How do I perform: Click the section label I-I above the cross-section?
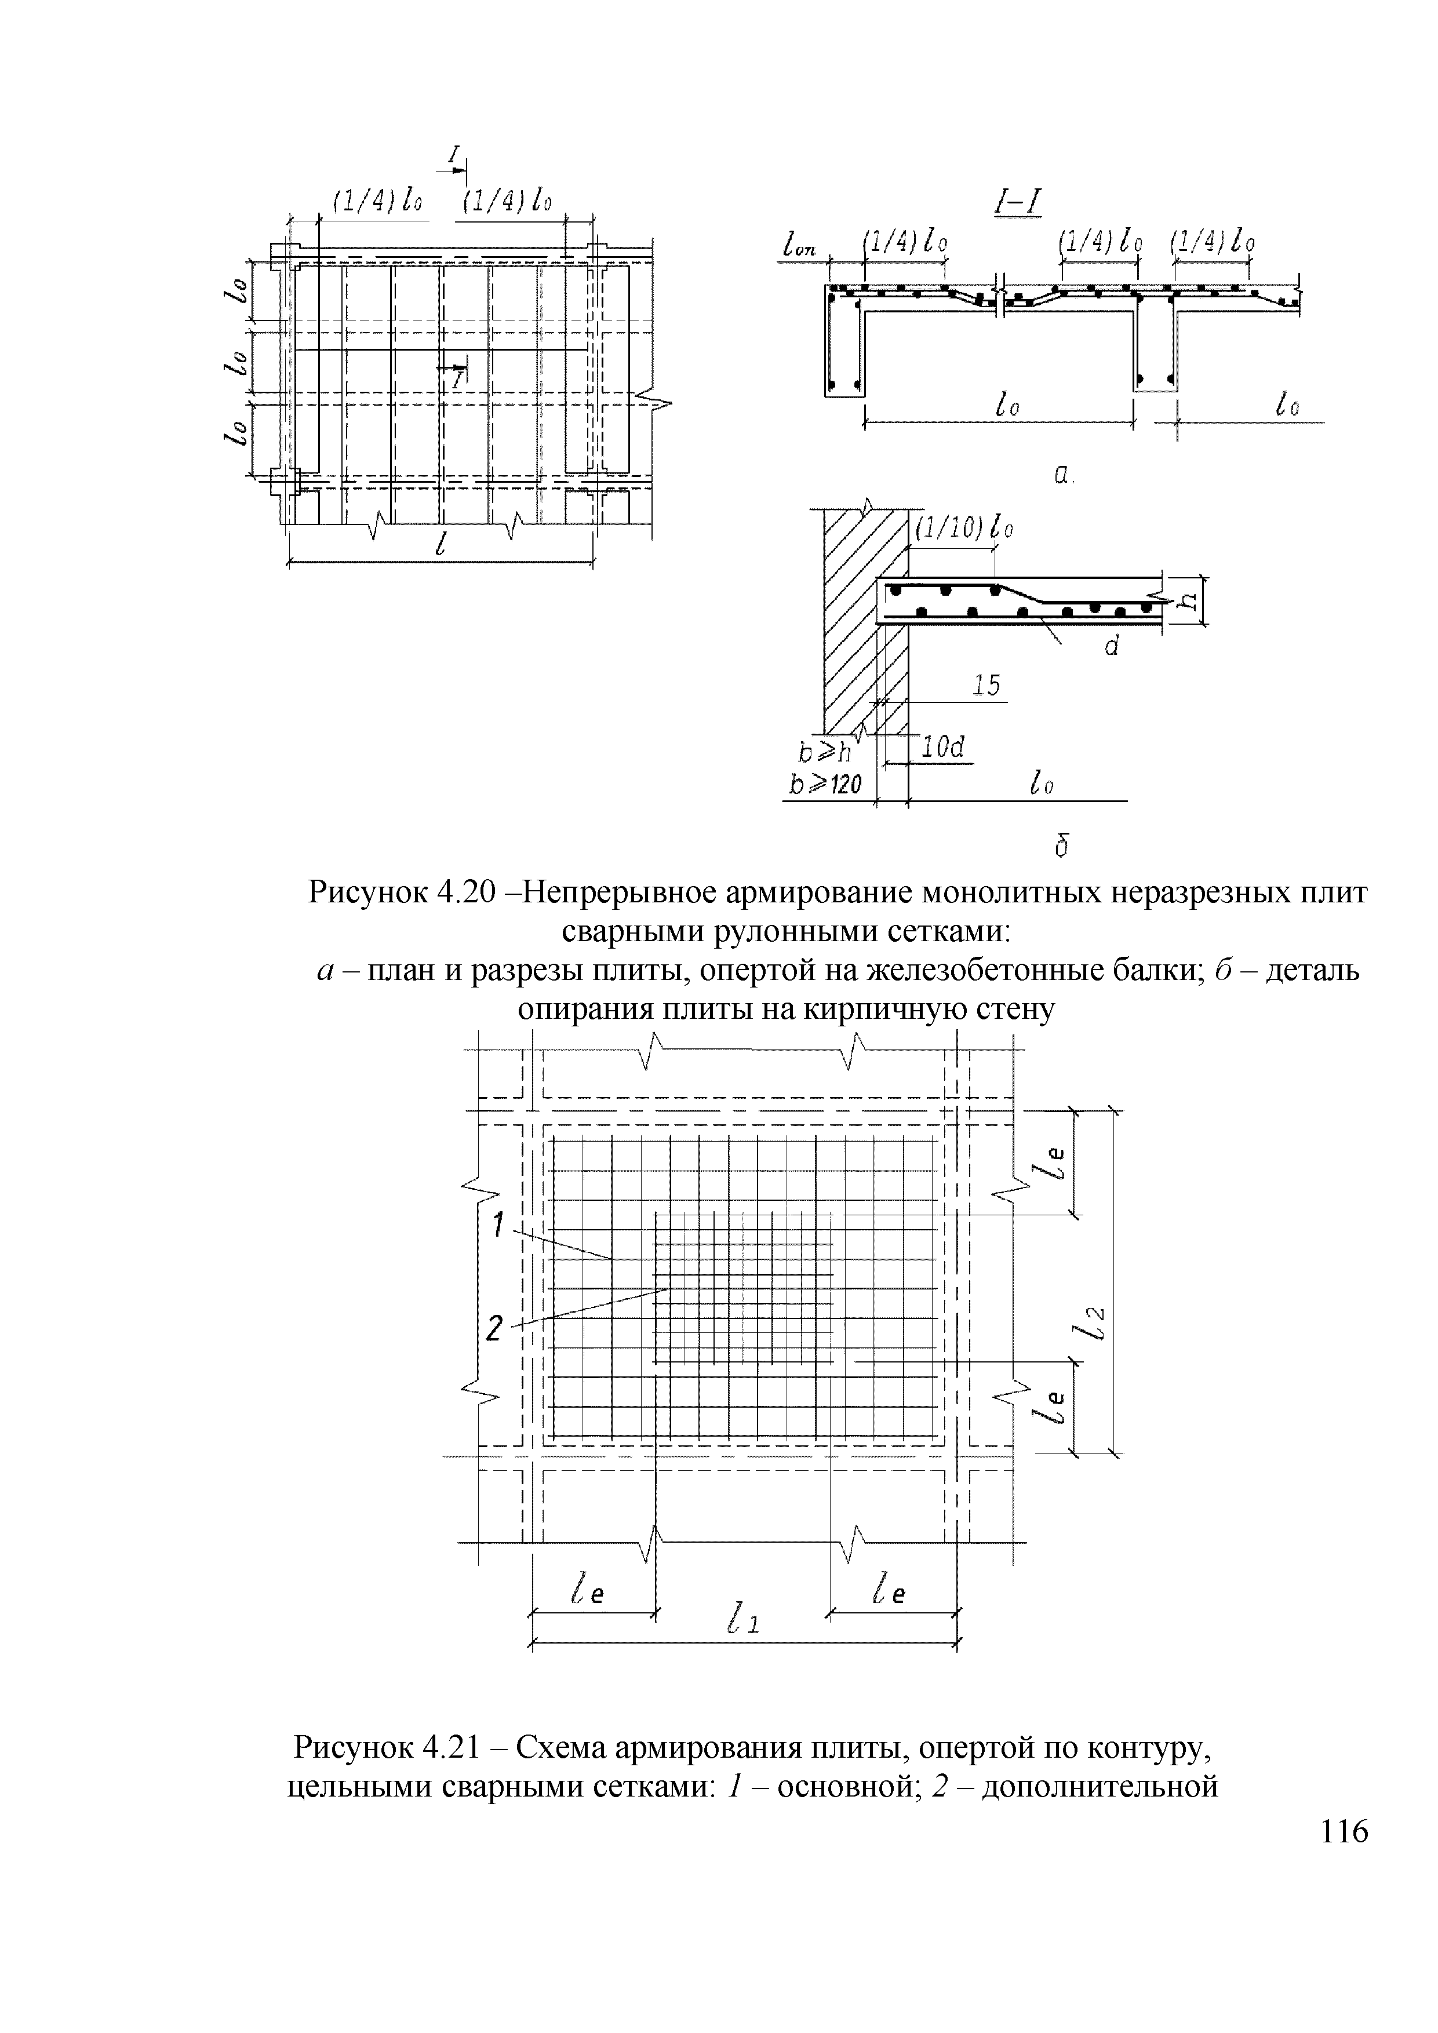[1017, 205]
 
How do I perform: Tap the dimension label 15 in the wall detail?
[986, 686]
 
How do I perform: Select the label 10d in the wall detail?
[942, 748]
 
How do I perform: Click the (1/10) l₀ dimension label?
[963, 529]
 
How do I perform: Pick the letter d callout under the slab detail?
[1112, 647]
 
